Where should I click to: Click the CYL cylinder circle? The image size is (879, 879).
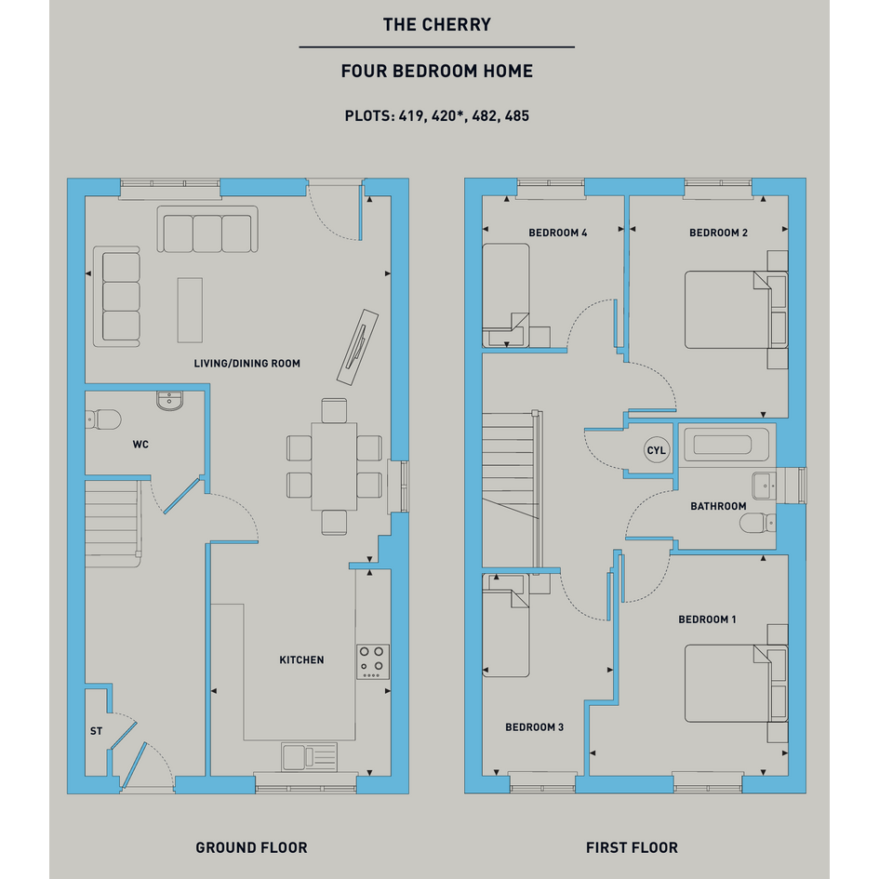(657, 450)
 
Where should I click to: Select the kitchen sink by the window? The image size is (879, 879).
(309, 757)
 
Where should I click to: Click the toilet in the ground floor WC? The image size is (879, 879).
(103, 420)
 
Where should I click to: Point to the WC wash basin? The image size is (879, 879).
(169, 401)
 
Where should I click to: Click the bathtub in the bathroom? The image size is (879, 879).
(722, 446)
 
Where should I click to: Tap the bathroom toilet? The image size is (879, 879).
(757, 524)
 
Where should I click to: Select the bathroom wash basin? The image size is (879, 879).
(764, 486)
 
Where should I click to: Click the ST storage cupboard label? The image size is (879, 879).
(97, 731)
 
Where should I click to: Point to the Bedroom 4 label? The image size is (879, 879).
(558, 233)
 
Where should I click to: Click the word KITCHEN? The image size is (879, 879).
(301, 659)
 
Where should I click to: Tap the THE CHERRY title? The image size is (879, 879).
(436, 25)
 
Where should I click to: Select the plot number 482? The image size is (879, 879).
(484, 116)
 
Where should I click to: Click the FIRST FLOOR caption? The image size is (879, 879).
(632, 847)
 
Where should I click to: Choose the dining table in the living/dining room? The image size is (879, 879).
(334, 466)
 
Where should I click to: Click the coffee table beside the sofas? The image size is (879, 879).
(190, 310)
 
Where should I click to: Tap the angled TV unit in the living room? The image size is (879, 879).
(358, 347)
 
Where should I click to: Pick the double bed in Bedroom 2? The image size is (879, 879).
(736, 310)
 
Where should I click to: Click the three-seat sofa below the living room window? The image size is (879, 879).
(207, 229)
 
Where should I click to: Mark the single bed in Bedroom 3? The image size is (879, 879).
(506, 625)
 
